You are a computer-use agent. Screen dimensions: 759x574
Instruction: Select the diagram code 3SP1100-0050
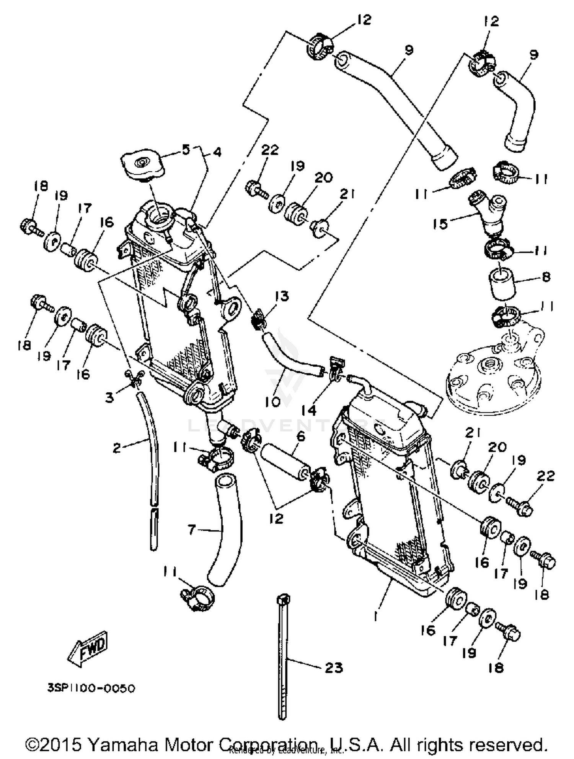91,688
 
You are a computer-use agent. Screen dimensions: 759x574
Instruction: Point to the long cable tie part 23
283,658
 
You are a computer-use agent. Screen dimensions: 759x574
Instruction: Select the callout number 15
440,224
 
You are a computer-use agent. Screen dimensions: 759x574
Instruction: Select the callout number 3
110,398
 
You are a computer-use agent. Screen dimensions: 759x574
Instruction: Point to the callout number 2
117,447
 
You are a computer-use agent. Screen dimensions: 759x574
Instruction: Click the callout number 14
308,410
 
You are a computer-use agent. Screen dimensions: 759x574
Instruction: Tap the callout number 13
282,296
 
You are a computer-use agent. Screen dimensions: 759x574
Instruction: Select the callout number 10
272,401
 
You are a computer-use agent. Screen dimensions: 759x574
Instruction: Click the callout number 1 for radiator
376,616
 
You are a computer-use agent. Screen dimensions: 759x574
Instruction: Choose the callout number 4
217,152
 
